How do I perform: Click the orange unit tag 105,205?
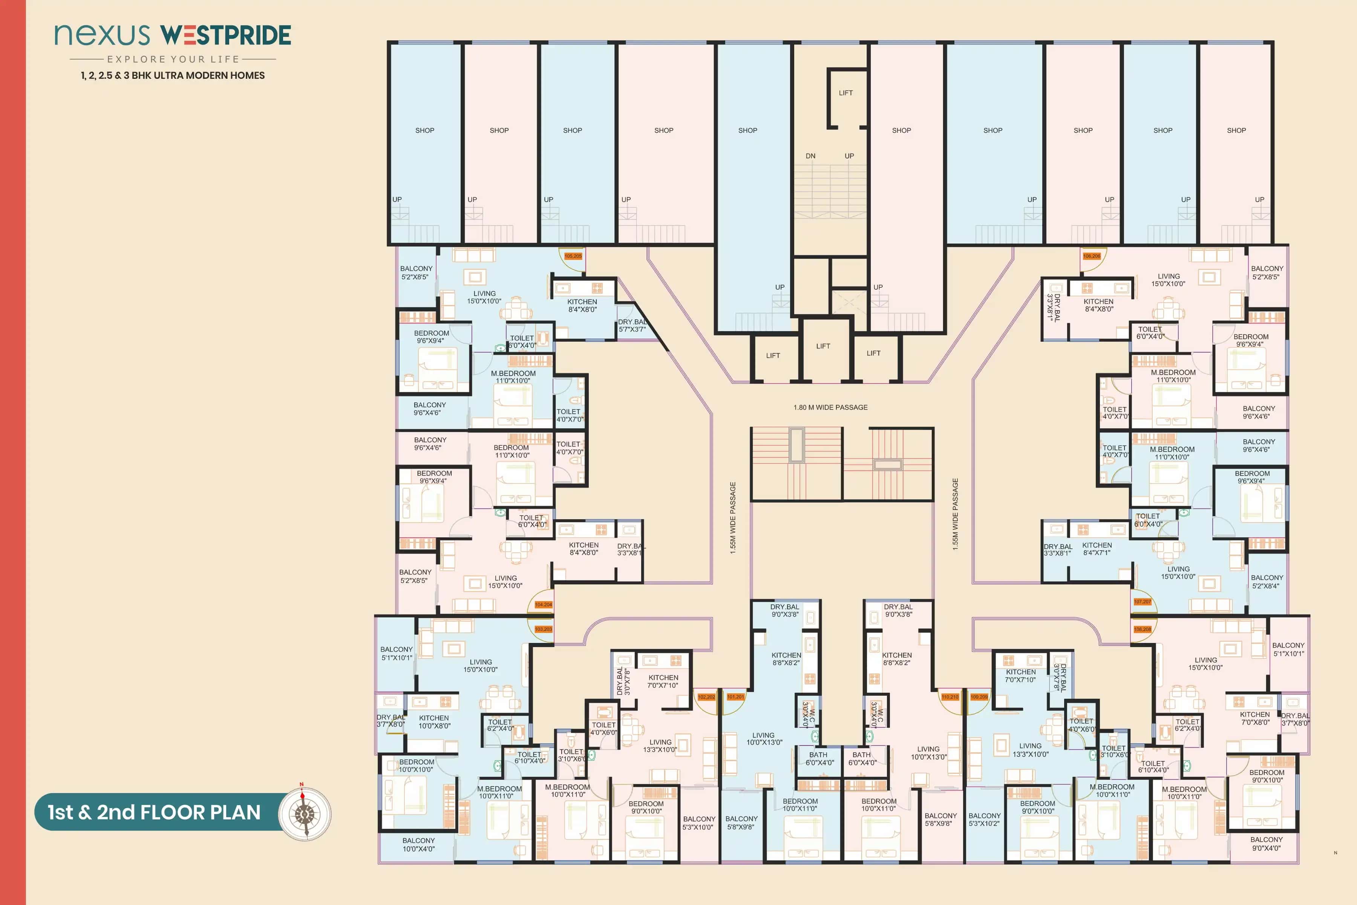tap(573, 256)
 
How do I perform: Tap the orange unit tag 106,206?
tap(1092, 256)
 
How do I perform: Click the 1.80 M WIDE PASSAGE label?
tap(830, 408)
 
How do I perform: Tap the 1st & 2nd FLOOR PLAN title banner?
tap(154, 812)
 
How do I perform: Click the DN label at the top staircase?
tap(811, 156)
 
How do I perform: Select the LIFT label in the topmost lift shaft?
tap(846, 93)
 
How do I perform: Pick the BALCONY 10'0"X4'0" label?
tap(419, 844)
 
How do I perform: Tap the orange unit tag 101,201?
tap(736, 696)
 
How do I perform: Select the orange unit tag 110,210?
tap(950, 696)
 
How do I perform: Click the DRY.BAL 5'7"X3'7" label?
tap(633, 325)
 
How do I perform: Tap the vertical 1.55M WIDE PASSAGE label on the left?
tap(733, 518)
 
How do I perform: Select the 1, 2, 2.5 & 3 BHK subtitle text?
tap(173, 76)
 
